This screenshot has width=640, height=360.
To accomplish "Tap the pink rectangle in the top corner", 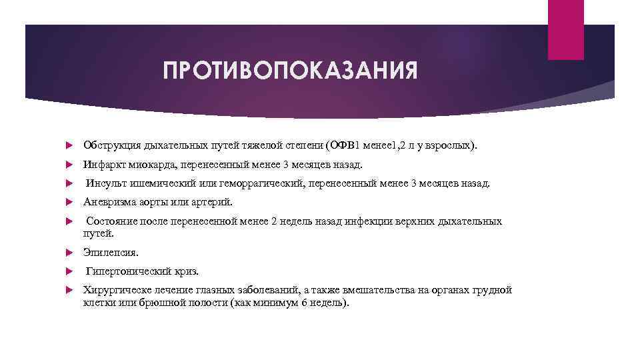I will [x=565, y=29].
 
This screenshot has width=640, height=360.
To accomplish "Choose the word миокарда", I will [x=146, y=164].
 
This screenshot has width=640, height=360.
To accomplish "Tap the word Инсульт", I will [x=105, y=183].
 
